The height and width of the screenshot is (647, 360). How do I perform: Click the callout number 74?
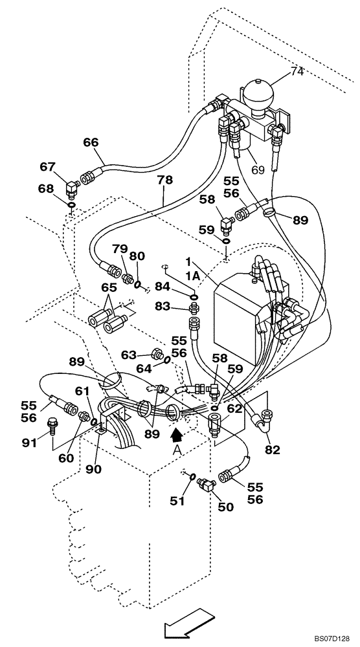[x=297, y=71]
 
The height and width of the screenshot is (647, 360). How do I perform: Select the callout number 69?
[x=258, y=170]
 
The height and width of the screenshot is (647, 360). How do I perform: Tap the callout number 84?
[x=163, y=287]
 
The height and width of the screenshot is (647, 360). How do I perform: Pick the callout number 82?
[x=273, y=449]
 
